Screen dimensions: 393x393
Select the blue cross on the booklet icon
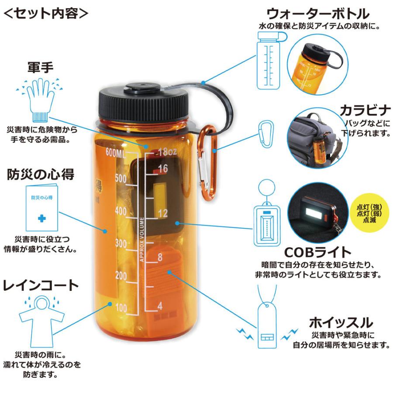pyautogui.click(x=41, y=217)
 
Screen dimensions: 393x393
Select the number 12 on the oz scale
pyautogui.click(x=163, y=213)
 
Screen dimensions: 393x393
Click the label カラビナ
pyautogui.click(x=364, y=108)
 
